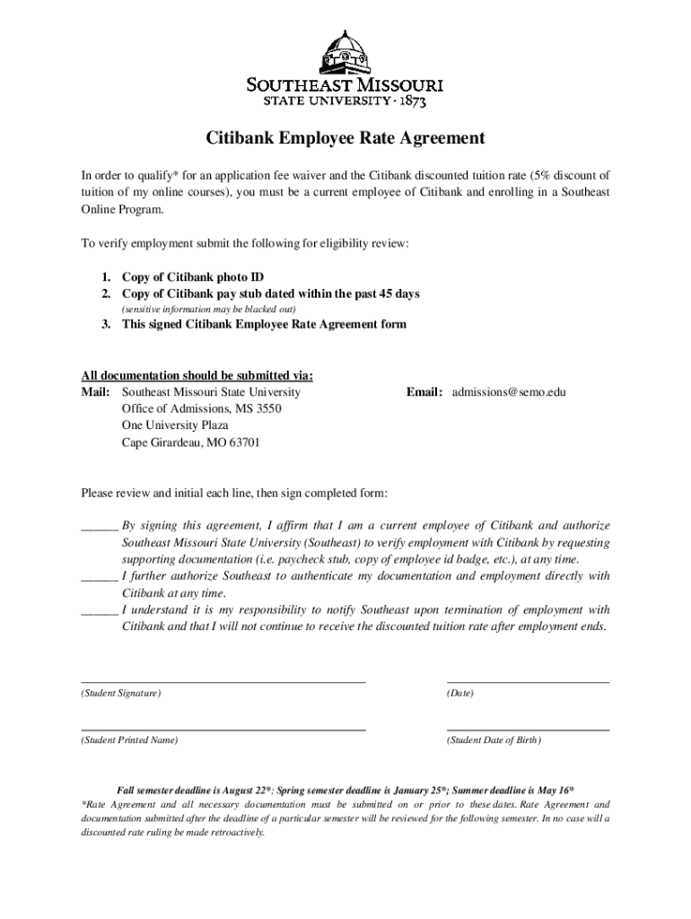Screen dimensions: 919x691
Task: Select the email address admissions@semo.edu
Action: coord(509,392)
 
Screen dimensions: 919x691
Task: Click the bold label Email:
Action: coord(424,392)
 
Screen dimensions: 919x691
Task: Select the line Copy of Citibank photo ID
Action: coord(192,277)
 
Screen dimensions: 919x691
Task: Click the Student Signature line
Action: coord(223,681)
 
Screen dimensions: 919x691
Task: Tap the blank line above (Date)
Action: coord(528,681)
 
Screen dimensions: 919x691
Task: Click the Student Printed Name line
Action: coord(223,729)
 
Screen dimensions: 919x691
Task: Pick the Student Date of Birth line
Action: coord(528,729)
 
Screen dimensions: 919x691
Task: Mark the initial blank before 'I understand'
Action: coord(99,610)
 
